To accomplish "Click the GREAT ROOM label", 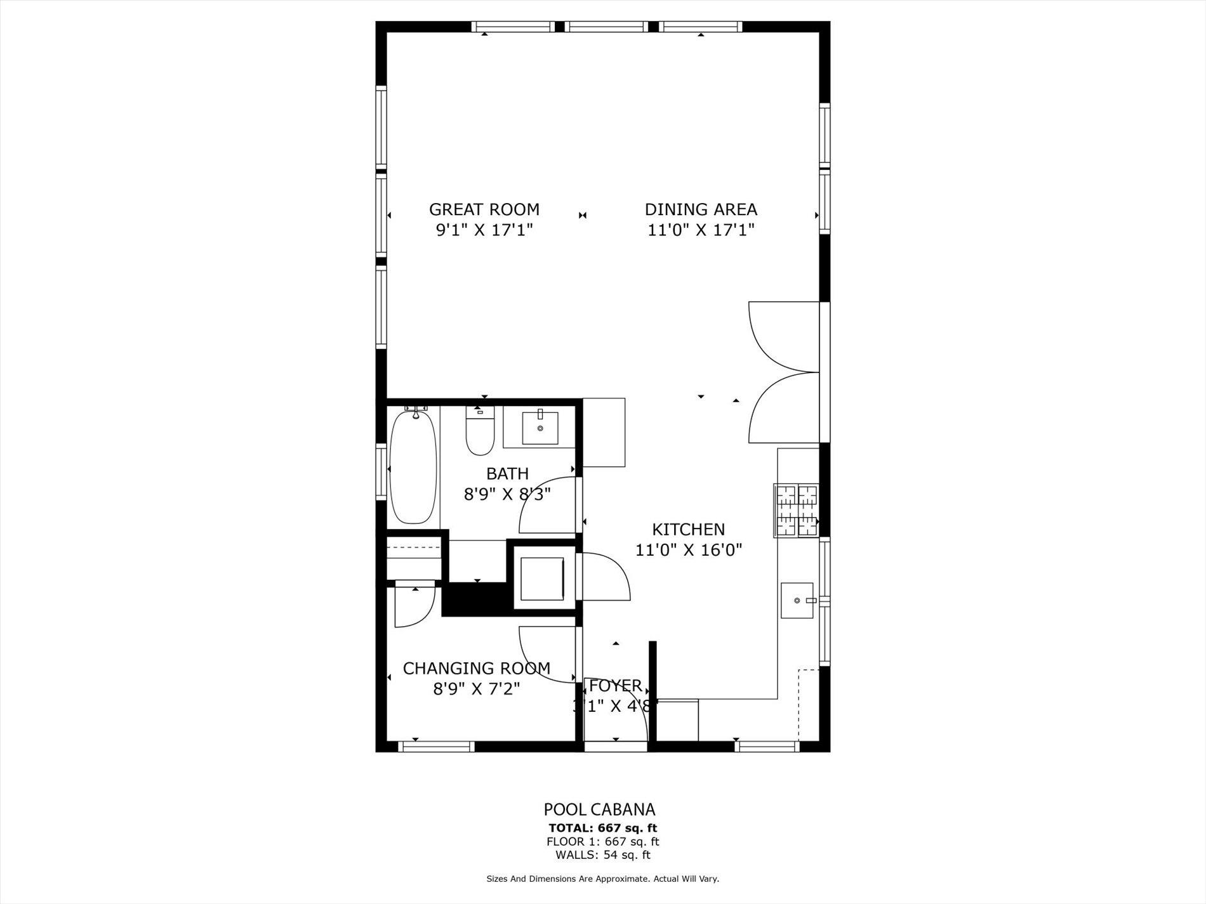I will click(484, 209).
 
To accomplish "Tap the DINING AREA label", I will click(701, 209).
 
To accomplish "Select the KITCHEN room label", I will click(688, 529).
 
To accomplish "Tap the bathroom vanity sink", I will click(540, 428).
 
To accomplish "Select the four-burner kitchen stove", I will click(796, 511).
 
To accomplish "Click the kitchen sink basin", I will click(797, 600).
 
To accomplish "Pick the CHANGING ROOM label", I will click(476, 668).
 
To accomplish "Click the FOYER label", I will click(615, 686).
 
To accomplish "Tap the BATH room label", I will click(507, 473).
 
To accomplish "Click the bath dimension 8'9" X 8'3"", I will click(507, 494).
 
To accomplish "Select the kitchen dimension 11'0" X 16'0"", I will click(688, 550).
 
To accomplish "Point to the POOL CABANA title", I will click(599, 809).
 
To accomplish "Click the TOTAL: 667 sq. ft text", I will click(602, 828).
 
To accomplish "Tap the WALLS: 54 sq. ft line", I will click(602, 855).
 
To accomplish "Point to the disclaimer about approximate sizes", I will click(602, 879).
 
